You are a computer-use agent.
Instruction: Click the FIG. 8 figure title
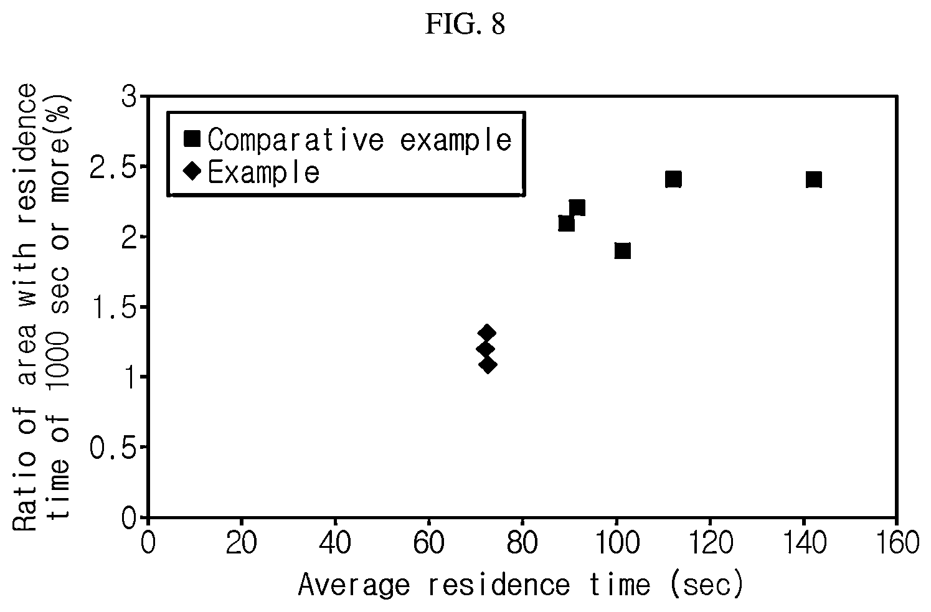[465, 24]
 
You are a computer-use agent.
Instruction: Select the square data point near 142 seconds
[813, 179]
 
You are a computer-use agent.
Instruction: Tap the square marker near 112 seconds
[673, 179]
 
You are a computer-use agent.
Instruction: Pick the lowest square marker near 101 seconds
[622, 250]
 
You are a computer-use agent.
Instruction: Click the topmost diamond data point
[487, 333]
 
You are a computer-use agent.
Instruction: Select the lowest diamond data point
[488, 365]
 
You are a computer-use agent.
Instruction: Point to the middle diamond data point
[485, 349]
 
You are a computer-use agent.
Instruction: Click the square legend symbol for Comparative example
[192, 139]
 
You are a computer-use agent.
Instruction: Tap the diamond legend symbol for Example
[192, 171]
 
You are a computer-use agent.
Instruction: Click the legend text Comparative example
[359, 140]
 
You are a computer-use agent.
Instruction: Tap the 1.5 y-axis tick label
[113, 307]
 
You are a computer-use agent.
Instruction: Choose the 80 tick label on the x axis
[522, 542]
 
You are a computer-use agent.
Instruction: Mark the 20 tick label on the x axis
[241, 542]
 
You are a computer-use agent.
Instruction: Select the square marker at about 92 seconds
[577, 207]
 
